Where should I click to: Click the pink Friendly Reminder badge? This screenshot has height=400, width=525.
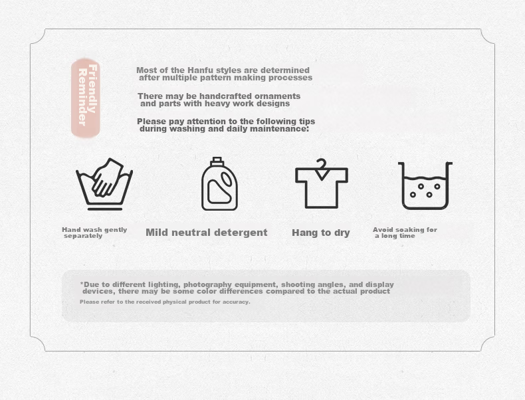(x=85, y=98)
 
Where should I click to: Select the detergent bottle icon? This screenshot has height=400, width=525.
(x=219, y=184)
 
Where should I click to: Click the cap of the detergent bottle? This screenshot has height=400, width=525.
(x=217, y=161)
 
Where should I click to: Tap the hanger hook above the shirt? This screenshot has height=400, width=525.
(x=322, y=164)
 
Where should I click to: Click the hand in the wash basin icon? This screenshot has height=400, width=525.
(x=107, y=177)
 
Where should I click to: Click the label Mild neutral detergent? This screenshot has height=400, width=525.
(x=207, y=233)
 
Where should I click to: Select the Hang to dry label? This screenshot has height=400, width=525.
(x=321, y=233)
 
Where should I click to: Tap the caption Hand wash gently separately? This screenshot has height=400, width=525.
(x=94, y=233)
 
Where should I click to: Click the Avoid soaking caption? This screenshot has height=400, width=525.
(x=405, y=233)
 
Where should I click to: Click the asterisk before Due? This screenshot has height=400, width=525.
(x=82, y=284)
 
